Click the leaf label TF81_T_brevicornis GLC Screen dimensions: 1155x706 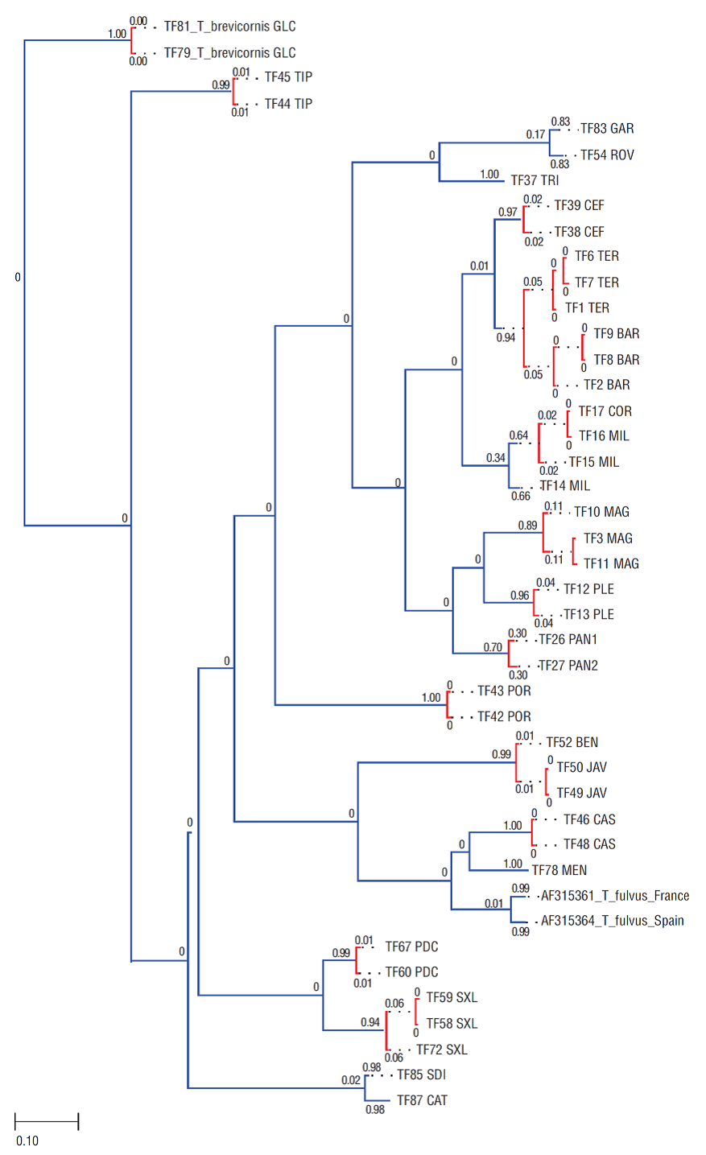tap(229, 27)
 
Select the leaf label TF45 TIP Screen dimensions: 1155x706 tap(288, 77)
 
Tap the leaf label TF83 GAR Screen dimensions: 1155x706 tap(607, 129)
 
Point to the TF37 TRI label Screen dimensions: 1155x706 tap(535, 180)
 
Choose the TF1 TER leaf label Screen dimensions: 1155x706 tap(587, 308)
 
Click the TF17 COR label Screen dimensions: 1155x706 tap(605, 411)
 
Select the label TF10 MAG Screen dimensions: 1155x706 tap(601, 512)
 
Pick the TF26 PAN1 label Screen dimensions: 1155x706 tap(568, 640)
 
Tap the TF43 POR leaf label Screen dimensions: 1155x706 tap(504, 691)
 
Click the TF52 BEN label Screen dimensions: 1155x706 tap(572, 743)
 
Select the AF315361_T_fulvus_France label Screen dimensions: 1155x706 tap(615, 896)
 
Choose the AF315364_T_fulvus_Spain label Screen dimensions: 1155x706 tap(612, 921)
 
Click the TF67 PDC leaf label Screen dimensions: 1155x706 tap(411, 947)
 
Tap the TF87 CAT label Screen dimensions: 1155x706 tap(422, 1100)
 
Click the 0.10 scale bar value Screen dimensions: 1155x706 tap(27, 1141)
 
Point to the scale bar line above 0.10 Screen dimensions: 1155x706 tap(47, 1121)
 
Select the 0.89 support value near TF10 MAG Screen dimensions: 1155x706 tap(527, 526)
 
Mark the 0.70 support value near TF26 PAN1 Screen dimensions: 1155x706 tap(493, 647)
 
